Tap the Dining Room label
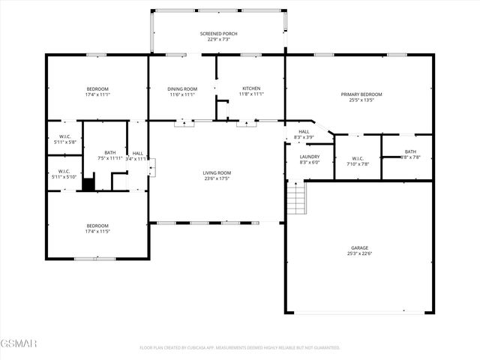(181, 89)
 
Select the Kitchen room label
(250, 89)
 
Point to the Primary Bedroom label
(361, 94)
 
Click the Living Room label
(217, 173)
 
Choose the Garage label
(360, 247)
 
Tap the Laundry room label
(310, 156)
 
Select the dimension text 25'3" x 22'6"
(360, 253)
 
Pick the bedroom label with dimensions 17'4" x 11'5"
(97, 226)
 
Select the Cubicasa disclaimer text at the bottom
(240, 347)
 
